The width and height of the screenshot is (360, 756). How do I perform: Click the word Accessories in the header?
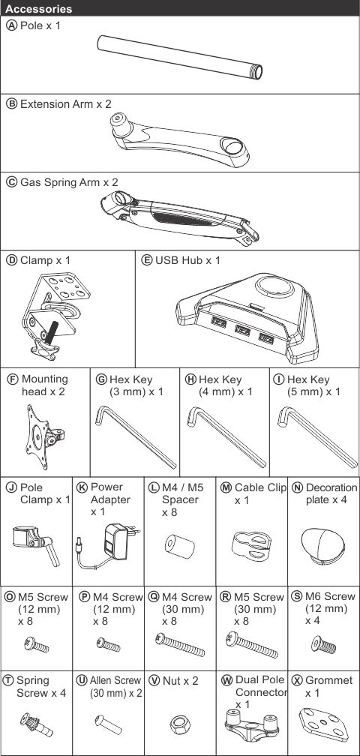tap(39, 9)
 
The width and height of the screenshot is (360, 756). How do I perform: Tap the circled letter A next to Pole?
tap(11, 25)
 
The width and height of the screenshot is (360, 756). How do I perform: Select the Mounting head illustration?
tap(43, 436)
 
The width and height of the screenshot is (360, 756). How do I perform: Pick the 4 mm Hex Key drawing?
tap(226, 436)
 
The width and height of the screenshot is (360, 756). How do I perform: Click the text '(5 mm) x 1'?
tap(313, 392)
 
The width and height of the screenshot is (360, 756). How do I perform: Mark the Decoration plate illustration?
tap(322, 544)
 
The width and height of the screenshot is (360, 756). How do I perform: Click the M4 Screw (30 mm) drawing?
tap(180, 646)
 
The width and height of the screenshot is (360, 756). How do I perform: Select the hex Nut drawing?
tap(179, 724)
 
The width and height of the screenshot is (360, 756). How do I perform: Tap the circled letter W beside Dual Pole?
tap(227, 680)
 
